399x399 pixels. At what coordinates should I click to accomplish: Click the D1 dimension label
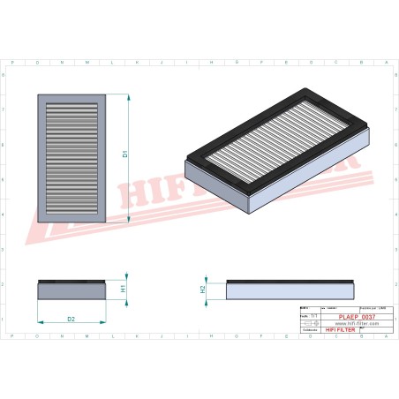click(x=125, y=154)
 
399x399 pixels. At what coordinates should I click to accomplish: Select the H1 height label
click(x=124, y=288)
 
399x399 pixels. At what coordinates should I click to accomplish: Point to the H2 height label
click(x=202, y=288)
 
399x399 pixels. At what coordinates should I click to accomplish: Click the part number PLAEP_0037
click(x=356, y=315)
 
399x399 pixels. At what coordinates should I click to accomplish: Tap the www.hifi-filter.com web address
click(x=356, y=323)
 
